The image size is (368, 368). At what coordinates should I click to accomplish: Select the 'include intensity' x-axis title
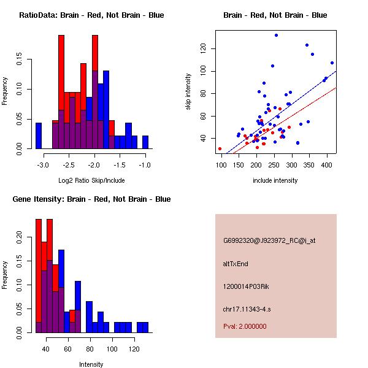tap(275, 180)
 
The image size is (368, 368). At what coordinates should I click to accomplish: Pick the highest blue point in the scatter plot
tap(276, 36)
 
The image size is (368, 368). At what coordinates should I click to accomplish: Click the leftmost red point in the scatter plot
tap(220, 148)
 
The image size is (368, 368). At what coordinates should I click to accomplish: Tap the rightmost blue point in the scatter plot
tap(332, 63)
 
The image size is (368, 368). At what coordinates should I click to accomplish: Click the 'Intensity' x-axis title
tap(91, 364)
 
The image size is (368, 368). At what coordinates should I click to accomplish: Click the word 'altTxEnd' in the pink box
tap(236, 264)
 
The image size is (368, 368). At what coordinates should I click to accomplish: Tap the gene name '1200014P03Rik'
tap(243, 286)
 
